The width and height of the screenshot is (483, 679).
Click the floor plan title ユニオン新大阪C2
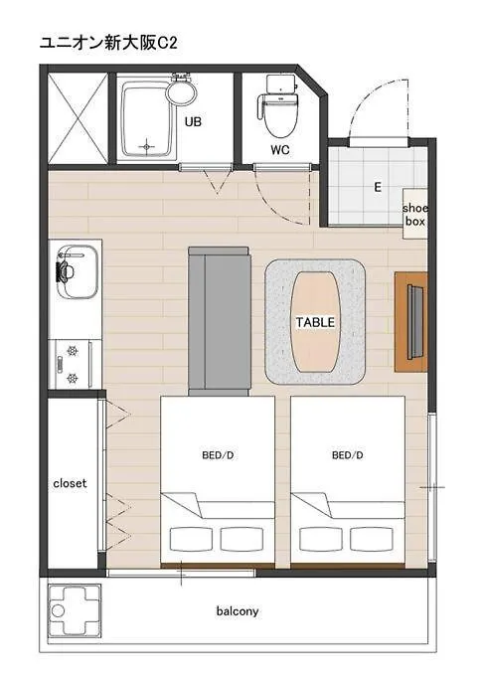pos(108,43)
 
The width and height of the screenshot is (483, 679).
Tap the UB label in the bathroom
pos(193,121)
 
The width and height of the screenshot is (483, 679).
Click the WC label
pos(280,150)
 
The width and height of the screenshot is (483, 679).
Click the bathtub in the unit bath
pos(146,119)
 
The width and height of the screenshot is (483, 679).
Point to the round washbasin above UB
pos(182,90)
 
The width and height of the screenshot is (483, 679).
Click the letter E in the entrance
pos(378,187)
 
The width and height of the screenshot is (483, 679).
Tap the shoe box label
pos(415,215)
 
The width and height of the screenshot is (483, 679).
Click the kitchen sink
pos(78,272)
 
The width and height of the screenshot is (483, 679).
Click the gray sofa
pos(220,321)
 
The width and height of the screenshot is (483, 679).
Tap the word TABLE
pos(315,323)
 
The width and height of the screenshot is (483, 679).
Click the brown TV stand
pos(411,322)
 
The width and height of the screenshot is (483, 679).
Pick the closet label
pos(70,483)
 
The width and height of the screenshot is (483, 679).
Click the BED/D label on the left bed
pos(218,455)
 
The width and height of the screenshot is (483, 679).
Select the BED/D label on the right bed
pos(348,455)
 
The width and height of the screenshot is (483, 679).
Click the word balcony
pos(238,611)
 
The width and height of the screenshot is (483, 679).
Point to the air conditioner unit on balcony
pos(75,609)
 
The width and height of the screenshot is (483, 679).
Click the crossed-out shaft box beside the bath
pos(78,118)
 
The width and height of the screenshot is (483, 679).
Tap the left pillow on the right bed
pos(321,539)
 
